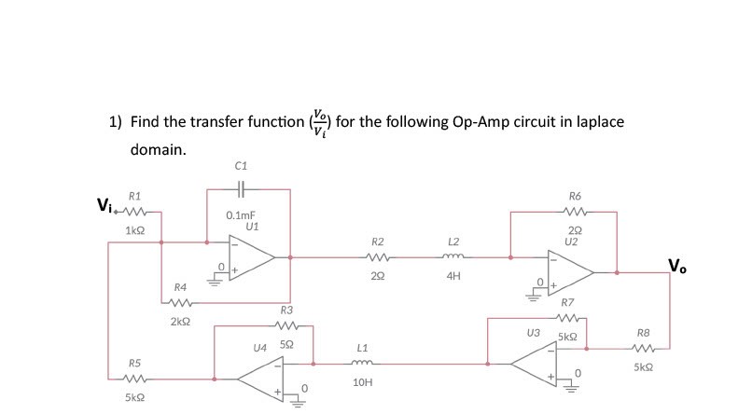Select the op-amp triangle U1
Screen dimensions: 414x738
(x=251, y=255)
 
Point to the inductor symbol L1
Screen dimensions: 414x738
(x=363, y=363)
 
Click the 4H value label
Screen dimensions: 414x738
(x=453, y=276)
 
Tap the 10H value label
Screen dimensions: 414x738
(x=363, y=382)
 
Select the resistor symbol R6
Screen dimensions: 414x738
(x=574, y=212)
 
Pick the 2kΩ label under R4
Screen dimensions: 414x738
(x=181, y=321)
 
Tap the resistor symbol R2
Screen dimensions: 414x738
(x=377, y=256)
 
